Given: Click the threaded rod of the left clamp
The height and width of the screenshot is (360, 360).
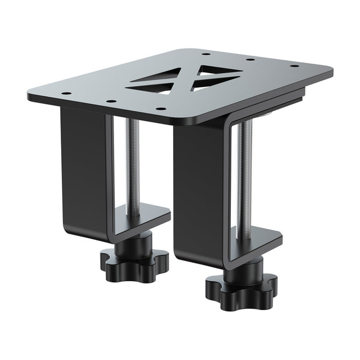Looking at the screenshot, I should coord(133,165).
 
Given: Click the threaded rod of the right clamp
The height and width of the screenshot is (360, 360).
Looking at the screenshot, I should coord(244,175).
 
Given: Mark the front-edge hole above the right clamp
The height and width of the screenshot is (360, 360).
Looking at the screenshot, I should coord(161,109).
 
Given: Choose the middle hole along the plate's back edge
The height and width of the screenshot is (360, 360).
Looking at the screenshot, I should coord(250,59).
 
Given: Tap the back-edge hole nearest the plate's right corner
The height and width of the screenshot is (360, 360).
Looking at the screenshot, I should coord(294,66).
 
